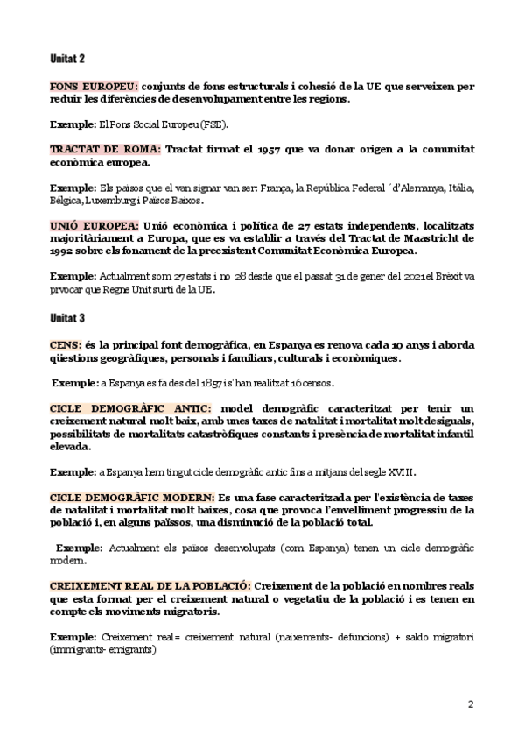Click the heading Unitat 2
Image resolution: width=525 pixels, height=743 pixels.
(67, 58)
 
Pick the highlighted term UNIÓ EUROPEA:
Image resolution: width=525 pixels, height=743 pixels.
(94, 224)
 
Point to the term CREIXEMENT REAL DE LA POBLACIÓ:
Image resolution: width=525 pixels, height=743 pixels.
(151, 584)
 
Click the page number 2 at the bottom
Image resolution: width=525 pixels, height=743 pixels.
(471, 704)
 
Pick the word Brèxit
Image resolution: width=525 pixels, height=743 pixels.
(443, 276)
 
